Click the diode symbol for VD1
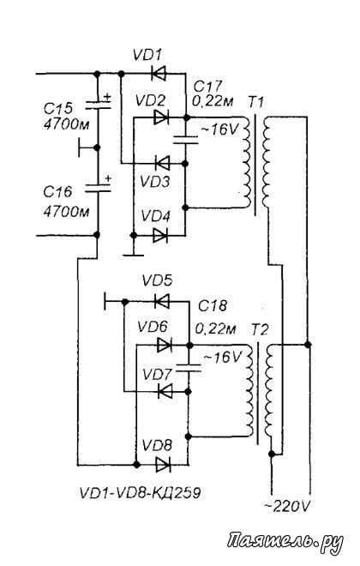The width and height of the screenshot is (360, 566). pos(159,74)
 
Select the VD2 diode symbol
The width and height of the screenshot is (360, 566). pos(161,117)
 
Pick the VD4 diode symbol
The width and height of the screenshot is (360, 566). pos(160,235)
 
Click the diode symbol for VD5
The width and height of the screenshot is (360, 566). pos(162,301)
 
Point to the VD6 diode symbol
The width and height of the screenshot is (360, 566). pos(164,345)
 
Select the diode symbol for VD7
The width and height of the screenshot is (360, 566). pos(165,391)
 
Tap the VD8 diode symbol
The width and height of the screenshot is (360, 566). pos(163,465)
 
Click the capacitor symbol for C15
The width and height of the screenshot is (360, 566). pos(98,105)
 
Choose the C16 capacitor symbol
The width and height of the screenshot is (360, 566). pos(98,187)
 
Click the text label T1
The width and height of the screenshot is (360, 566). pos(255,103)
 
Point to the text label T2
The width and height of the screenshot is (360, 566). pos(260,329)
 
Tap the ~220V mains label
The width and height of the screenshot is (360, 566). pos(287,507)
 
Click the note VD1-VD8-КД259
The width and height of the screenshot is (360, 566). pos(140,492)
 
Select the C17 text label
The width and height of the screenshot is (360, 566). pos(207,87)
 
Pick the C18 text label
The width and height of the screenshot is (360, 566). pos(213,306)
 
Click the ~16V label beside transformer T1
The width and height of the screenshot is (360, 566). pos(219,129)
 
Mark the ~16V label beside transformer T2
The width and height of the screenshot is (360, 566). pos(223,358)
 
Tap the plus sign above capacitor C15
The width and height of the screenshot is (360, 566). pos(107,97)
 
